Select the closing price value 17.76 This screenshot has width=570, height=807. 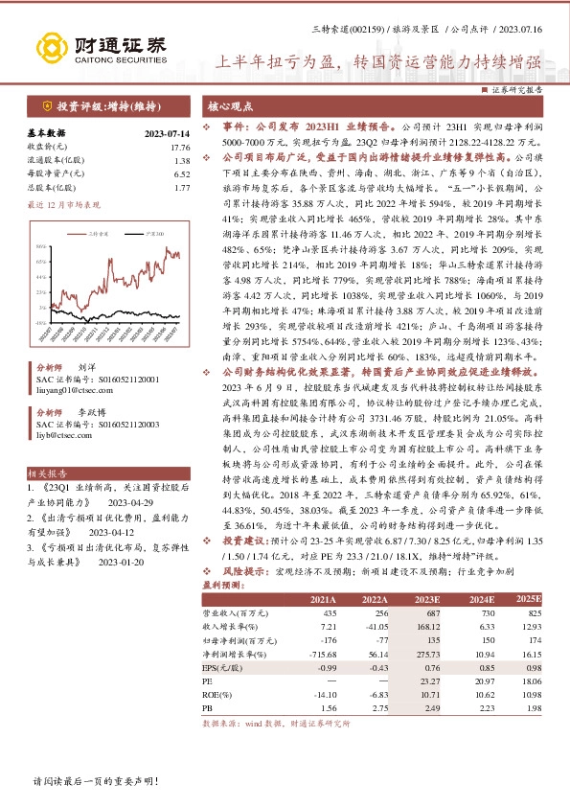(180, 147)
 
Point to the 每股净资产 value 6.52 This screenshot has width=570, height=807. (182, 173)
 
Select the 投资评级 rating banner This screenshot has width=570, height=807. (107, 107)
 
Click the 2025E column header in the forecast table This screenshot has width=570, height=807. (529, 599)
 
